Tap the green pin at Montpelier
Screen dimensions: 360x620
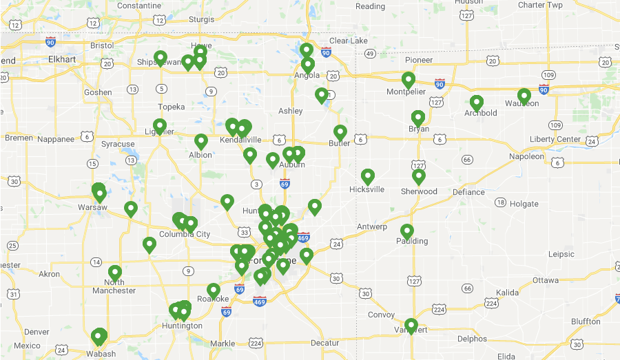point(409,80)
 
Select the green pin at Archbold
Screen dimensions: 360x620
point(477,103)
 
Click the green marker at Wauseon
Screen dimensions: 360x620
point(524,96)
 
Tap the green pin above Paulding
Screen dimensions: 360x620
point(407,231)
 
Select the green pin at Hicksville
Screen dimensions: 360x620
point(368,176)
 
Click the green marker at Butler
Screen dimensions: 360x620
point(340,132)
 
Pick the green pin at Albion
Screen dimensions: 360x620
point(201,141)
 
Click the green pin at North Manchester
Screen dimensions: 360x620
point(115,273)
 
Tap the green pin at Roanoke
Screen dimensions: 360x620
point(214,290)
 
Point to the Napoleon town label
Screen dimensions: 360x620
point(526,156)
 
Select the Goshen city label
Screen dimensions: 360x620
point(98,92)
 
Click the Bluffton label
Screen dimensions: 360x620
point(586,321)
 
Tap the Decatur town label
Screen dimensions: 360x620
point(324,343)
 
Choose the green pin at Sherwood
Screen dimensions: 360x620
point(419,176)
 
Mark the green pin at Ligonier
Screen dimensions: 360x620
point(160,126)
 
